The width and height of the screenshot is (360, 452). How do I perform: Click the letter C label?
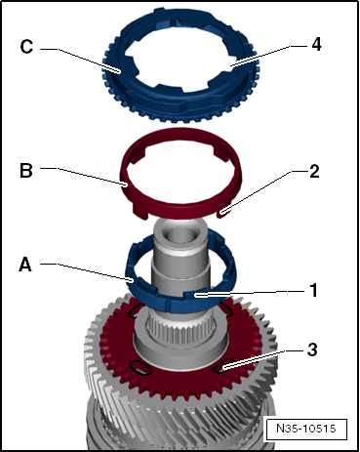point(26,46)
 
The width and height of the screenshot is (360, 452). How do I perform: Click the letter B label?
point(26,170)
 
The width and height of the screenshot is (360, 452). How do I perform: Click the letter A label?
point(25,264)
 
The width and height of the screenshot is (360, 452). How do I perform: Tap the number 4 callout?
point(316,44)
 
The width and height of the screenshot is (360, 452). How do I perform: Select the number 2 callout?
point(314,171)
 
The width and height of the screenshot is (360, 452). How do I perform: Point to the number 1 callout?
point(313,290)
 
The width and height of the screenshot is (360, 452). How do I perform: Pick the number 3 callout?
point(312,349)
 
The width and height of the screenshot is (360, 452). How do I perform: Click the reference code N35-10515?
point(306,429)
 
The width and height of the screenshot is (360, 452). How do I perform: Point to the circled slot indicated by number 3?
point(222,366)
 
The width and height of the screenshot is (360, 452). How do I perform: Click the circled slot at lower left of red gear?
point(140,368)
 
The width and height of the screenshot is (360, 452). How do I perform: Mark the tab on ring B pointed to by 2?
point(223,213)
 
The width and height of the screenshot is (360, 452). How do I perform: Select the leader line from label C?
point(81,60)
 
